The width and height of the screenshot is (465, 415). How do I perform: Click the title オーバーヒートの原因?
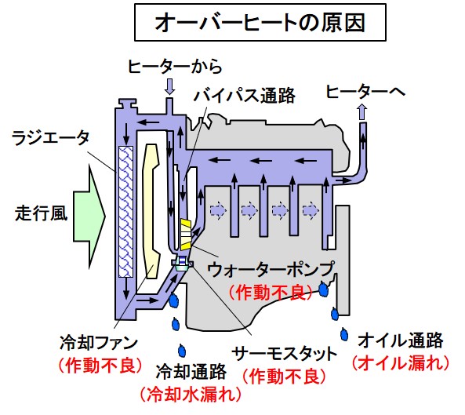pyautogui.click(x=260, y=23)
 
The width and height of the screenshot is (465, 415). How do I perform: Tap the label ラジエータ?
pyautogui.click(x=50, y=138)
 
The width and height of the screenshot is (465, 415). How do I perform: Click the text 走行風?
pyautogui.click(x=42, y=213)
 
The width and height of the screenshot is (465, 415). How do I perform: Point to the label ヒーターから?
pyautogui.click(x=175, y=67)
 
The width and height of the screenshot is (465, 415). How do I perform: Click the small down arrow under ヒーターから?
pyautogui.click(x=169, y=86)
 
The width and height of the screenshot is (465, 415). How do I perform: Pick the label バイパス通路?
pyautogui.click(x=245, y=96)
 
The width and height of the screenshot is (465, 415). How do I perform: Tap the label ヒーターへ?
pyautogui.click(x=365, y=91)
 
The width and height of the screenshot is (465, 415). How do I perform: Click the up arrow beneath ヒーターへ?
pyautogui.click(x=362, y=112)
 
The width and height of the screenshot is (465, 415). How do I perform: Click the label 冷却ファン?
pyautogui.click(x=99, y=343)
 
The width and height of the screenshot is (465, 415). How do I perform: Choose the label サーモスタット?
pyautogui.click(x=285, y=354)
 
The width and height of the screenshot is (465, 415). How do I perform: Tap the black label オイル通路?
pyautogui.click(x=401, y=340)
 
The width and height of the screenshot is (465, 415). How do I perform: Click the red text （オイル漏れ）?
pyautogui.click(x=401, y=362)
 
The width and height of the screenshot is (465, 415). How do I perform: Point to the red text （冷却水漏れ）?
pyautogui.click(x=191, y=395)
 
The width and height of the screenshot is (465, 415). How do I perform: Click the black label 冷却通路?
pyautogui.click(x=191, y=372)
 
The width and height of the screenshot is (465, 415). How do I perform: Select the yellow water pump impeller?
pyautogui.click(x=186, y=235)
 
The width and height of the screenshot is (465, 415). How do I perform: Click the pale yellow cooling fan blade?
pyautogui.click(x=151, y=210)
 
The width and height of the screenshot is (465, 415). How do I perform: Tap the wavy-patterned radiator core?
pyautogui.click(x=125, y=212)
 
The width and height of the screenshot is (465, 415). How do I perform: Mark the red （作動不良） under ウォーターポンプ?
pyautogui.click(x=271, y=293)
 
